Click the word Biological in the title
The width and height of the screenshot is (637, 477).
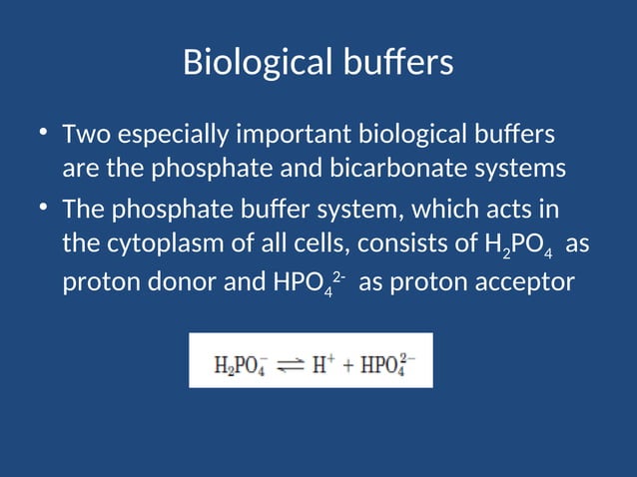tap(255, 63)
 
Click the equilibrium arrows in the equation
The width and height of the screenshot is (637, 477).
tap(290, 363)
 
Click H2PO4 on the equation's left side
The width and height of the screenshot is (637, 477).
tap(240, 364)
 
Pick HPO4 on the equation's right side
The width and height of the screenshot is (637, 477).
tap(388, 364)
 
